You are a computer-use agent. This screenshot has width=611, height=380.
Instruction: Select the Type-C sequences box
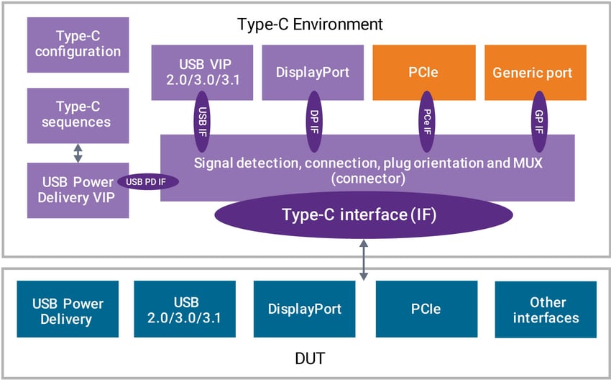point(78,115)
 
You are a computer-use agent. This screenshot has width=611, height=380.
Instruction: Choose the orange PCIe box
point(423,72)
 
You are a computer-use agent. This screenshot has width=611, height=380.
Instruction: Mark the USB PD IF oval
point(147,182)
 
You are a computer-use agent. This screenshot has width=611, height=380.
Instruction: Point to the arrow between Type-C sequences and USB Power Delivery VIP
point(78,153)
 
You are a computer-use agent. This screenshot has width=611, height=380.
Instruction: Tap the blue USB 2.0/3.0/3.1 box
point(185,309)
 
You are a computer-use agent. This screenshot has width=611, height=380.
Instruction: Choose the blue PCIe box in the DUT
point(426,309)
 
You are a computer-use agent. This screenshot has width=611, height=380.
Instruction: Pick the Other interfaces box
point(546,309)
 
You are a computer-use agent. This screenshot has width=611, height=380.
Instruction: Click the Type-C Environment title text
point(310,24)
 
